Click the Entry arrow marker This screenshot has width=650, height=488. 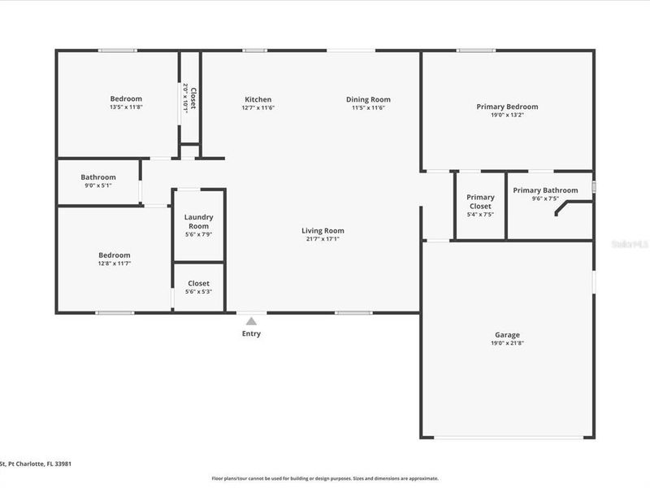coord(252,321)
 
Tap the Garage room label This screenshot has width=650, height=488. coord(507,335)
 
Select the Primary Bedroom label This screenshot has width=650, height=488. coord(507,107)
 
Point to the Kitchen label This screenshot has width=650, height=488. coord(258,99)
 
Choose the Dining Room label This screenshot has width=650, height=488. coord(367,99)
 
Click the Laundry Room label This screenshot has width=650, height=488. coord(198,221)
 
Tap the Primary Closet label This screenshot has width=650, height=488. coord(480,202)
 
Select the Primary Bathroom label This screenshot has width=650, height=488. coord(545,190)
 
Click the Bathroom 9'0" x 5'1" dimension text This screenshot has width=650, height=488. coord(98,185)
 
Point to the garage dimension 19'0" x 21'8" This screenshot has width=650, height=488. coord(507,344)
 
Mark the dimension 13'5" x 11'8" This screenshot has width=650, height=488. coord(126,107)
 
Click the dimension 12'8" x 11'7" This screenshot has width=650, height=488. coord(114,264)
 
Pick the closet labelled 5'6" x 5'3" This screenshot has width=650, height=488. coord(198,287)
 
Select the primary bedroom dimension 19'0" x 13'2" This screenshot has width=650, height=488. coord(507,115)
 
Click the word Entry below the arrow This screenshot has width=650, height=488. coord(252,333)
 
